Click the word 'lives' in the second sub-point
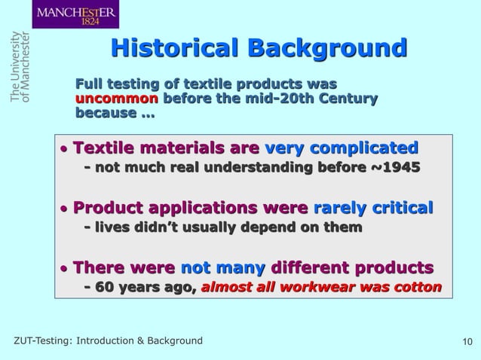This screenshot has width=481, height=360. click(115, 227)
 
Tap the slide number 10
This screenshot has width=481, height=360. click(465, 342)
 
